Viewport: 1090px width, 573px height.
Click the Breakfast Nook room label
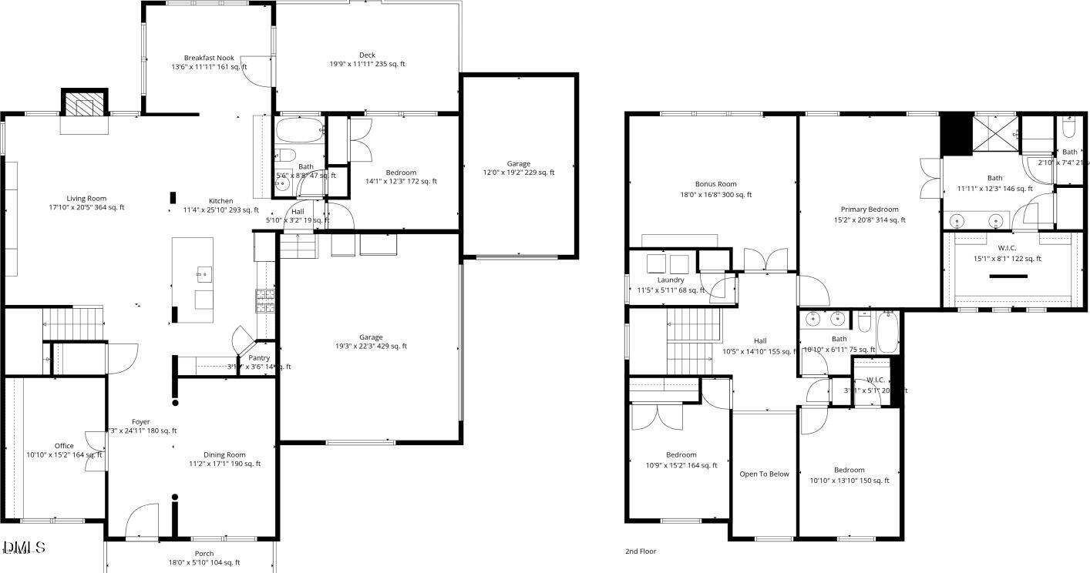[x=209, y=59]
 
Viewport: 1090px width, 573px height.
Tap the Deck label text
[x=367, y=55]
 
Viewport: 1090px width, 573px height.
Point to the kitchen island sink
[x=204, y=272]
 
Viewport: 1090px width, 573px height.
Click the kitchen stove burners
[x=265, y=300]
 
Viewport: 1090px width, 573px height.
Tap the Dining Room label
[x=224, y=455]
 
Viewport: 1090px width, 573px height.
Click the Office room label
[x=64, y=446]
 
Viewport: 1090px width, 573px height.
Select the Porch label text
[x=204, y=554]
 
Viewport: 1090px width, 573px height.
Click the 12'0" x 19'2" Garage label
[x=519, y=164]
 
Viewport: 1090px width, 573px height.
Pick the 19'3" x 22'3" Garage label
[x=371, y=337]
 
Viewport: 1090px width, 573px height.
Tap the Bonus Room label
[x=715, y=185]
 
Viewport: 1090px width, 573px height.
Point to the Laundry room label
[x=671, y=280]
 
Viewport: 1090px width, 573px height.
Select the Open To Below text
[x=764, y=474]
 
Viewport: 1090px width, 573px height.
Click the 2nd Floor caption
[x=641, y=551]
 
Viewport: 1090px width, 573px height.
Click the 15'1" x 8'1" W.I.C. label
[x=1007, y=248]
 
